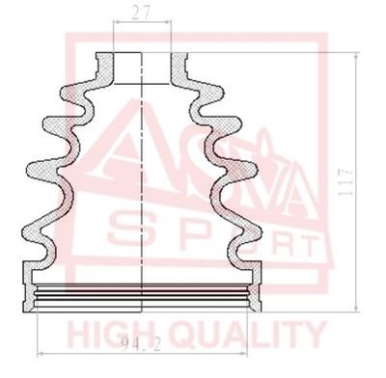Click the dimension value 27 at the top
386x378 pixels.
142,13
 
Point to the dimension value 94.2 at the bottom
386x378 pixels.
142,344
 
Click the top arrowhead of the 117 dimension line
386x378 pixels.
356,57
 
